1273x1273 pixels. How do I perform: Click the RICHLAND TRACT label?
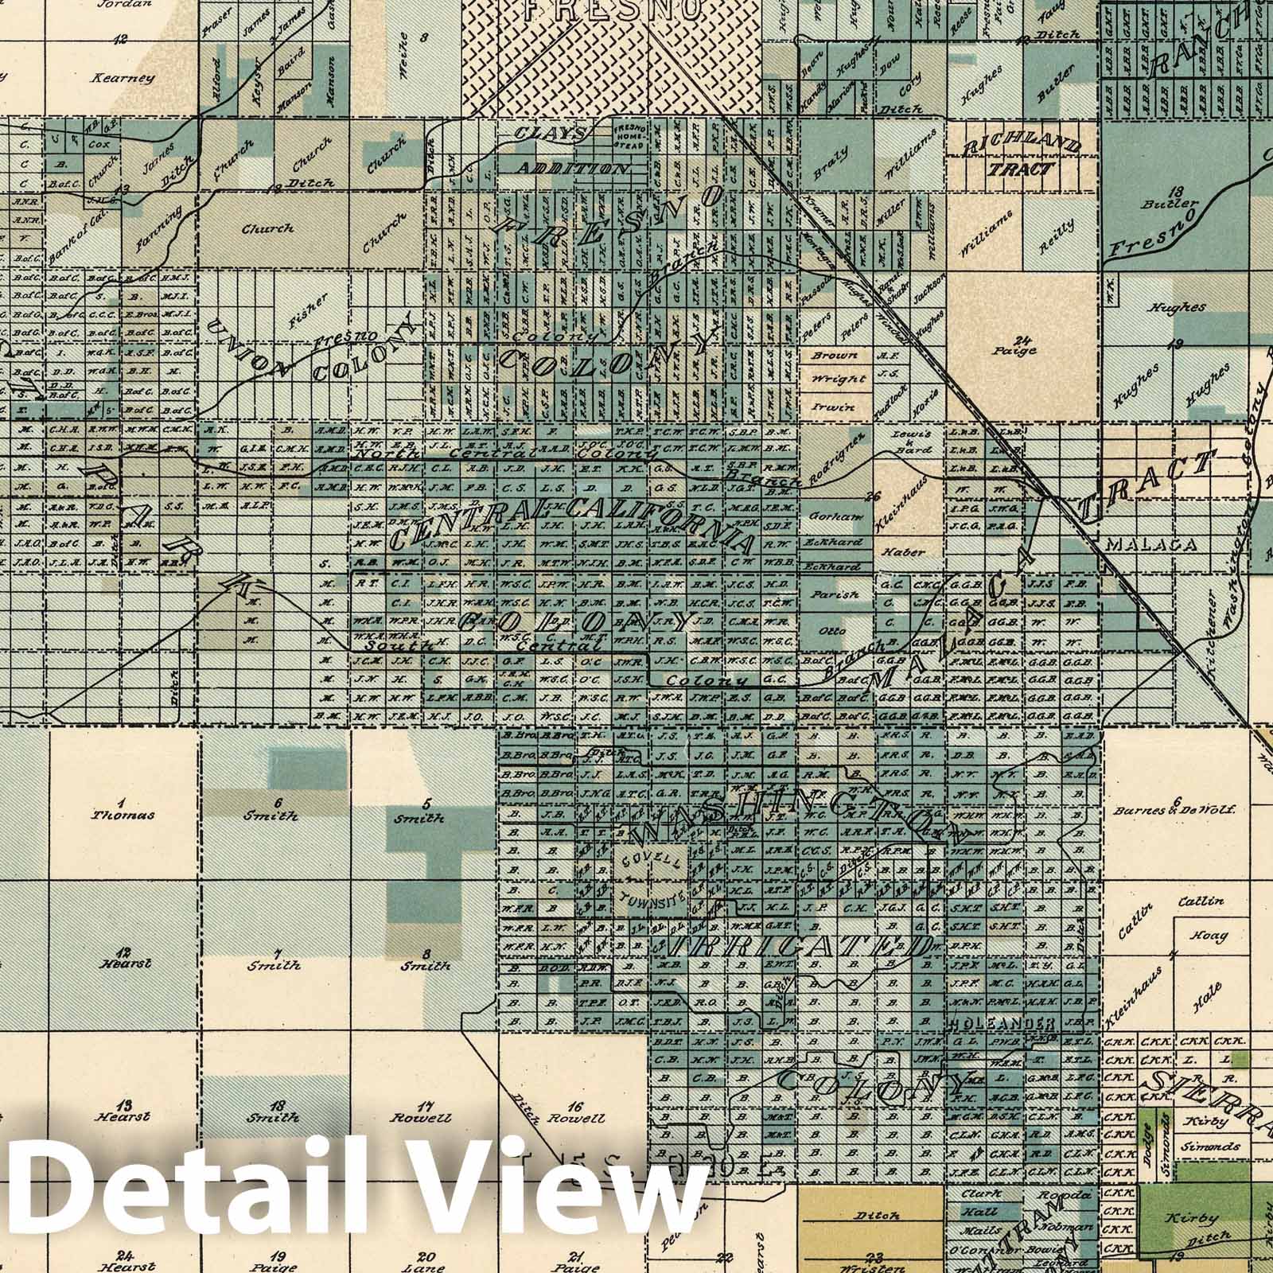pos(1022,156)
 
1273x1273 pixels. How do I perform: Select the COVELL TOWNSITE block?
pos(652,882)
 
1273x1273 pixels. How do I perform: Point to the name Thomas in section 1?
pos(123,815)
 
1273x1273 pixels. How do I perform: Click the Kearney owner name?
pos(122,78)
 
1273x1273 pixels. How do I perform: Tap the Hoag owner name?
pos(1209,936)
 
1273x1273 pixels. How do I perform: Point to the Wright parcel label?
pos(832,380)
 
